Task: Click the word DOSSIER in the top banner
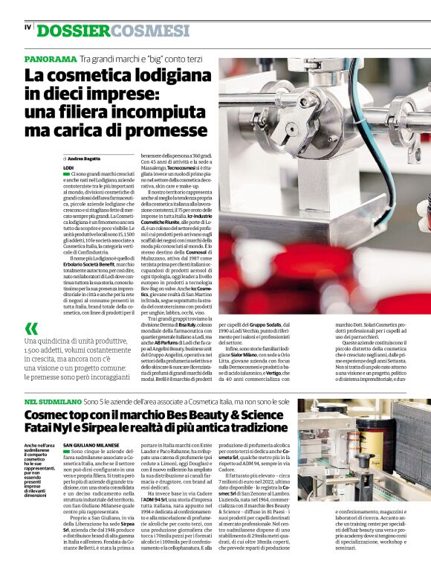point(74,31)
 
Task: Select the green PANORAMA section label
point(50,59)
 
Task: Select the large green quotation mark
point(31,329)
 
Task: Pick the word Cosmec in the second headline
point(50,415)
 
